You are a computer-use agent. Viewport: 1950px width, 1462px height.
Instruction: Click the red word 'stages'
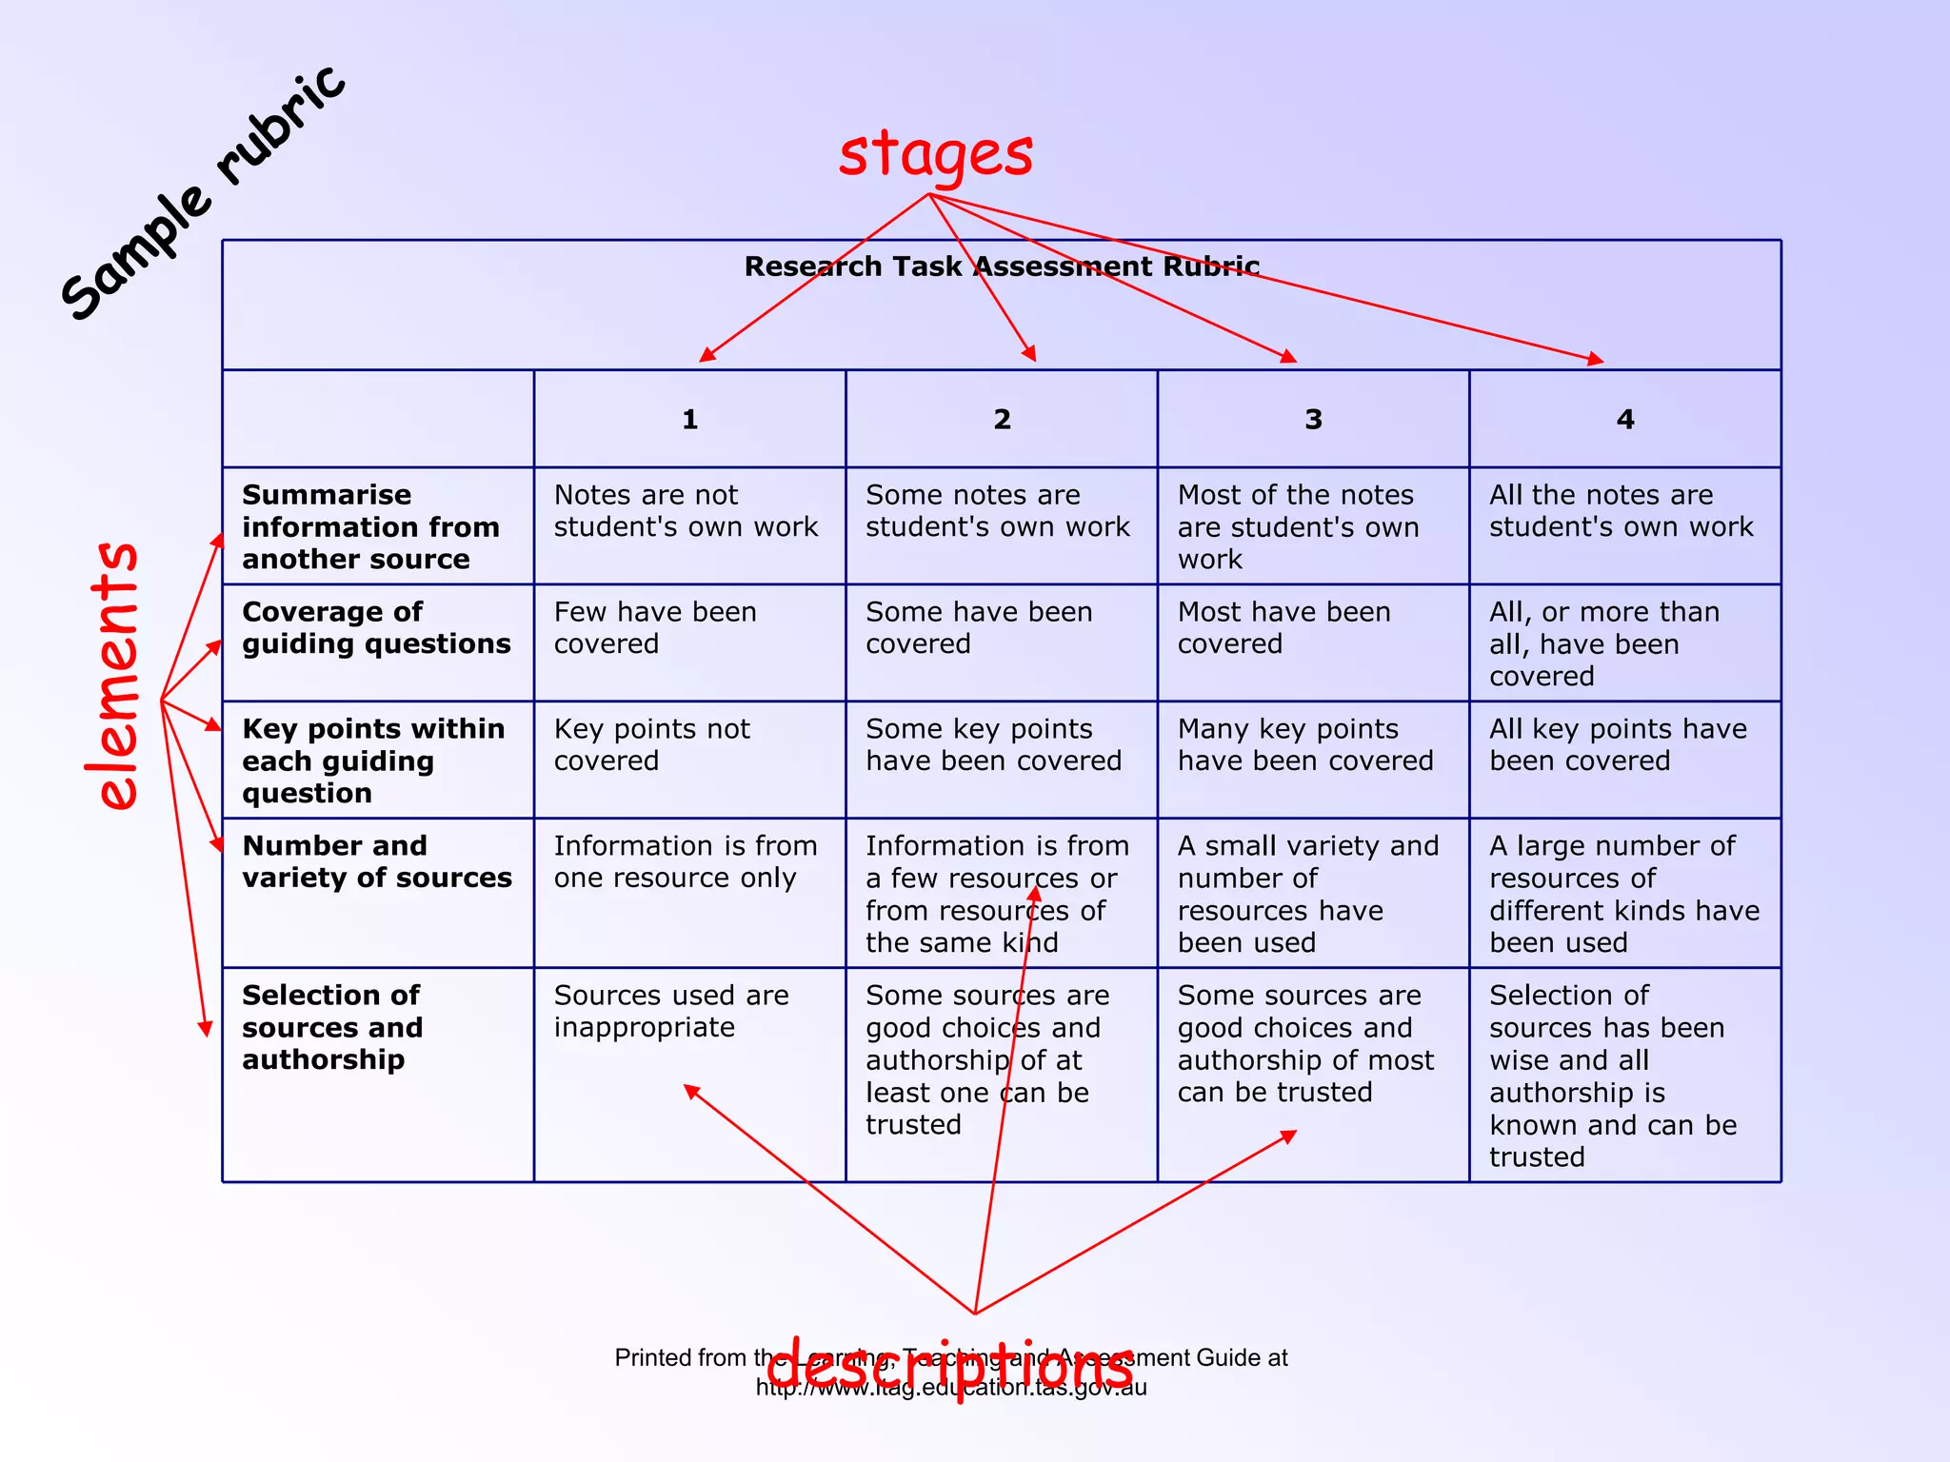935,155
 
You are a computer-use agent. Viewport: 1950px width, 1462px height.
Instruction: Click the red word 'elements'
118,676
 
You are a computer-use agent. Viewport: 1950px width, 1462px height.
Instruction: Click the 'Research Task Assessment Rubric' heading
1002,267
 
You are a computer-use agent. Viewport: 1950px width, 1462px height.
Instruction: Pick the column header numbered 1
690,420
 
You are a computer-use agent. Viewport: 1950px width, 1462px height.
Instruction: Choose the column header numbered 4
1625,420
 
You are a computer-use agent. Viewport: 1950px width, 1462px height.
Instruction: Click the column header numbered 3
1314,420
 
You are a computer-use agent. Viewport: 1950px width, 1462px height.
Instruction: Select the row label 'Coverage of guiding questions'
376,628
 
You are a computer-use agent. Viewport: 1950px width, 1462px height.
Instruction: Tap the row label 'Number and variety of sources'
376,861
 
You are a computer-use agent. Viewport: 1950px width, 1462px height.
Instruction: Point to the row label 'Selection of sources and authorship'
332,1027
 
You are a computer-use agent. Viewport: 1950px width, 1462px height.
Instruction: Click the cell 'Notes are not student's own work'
686,511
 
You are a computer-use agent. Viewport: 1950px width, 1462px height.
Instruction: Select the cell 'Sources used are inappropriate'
671,1011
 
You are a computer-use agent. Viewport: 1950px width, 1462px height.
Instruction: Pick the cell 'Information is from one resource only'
686,861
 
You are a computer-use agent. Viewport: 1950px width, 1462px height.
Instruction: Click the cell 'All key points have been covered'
1618,745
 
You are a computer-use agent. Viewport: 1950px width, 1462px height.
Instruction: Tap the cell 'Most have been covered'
1283,628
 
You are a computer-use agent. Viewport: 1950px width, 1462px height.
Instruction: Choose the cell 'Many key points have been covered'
1305,745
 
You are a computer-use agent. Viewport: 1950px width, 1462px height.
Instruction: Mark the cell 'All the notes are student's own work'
1621,511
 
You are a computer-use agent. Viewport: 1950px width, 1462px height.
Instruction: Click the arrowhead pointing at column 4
1596,360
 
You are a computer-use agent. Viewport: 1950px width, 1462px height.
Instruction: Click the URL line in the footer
951,1388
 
